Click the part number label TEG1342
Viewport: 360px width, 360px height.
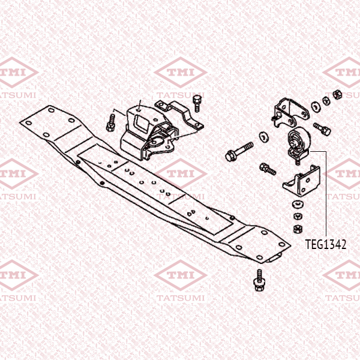point(326,244)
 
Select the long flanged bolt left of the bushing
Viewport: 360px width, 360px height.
point(239,151)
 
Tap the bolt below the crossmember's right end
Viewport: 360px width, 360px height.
point(259,280)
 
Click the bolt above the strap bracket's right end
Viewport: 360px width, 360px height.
point(197,104)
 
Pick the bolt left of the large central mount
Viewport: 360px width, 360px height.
point(110,123)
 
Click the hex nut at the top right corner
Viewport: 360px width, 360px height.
point(337,94)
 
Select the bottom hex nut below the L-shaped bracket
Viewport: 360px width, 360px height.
point(298,229)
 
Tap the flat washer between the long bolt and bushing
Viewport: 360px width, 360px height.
point(263,137)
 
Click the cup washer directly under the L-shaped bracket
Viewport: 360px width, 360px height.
point(298,204)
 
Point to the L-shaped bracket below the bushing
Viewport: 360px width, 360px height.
point(301,181)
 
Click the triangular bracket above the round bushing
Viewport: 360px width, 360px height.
point(290,112)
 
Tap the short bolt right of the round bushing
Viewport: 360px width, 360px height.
point(322,129)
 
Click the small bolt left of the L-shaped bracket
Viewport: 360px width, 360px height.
point(268,169)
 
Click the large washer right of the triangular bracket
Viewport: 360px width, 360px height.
point(316,107)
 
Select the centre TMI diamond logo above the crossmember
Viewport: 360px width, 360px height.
point(181,72)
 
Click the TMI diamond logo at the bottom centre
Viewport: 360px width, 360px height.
point(181,275)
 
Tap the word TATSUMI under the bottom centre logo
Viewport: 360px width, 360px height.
point(181,298)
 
